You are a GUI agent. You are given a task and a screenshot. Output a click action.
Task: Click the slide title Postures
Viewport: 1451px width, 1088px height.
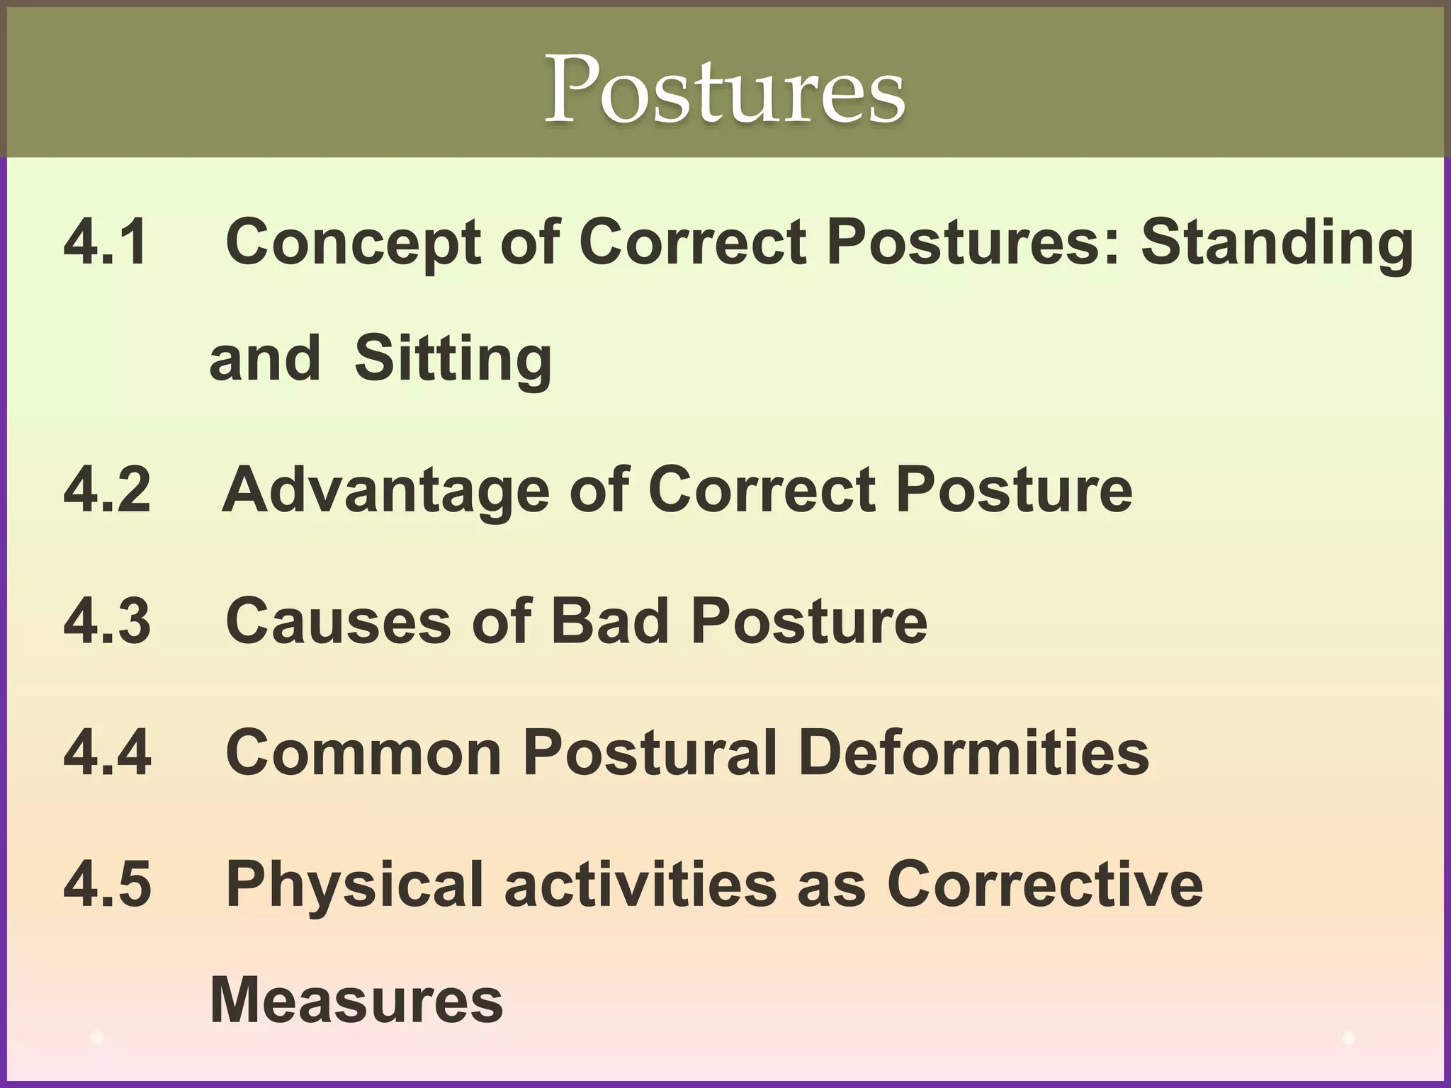coord(724,89)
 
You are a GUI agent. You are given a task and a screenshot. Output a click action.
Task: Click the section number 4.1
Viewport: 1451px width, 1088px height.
coord(106,242)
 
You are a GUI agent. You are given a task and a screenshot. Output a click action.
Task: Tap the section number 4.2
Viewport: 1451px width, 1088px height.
coord(107,489)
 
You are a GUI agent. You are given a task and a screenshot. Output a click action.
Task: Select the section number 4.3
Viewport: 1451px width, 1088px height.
coord(107,621)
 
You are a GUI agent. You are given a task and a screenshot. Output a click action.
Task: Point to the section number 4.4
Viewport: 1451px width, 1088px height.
coord(107,752)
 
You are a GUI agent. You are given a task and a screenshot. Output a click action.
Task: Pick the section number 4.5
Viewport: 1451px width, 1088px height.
coord(107,883)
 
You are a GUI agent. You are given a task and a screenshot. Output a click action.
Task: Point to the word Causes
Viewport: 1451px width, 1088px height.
coord(339,621)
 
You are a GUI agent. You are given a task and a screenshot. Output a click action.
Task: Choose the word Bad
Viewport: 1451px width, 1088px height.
coord(610,621)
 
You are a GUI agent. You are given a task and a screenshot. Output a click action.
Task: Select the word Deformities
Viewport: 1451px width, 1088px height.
coord(973,752)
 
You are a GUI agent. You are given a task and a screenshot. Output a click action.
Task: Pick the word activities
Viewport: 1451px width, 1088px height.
coord(640,883)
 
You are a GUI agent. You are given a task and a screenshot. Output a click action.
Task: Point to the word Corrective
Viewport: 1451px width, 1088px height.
coord(1045,883)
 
